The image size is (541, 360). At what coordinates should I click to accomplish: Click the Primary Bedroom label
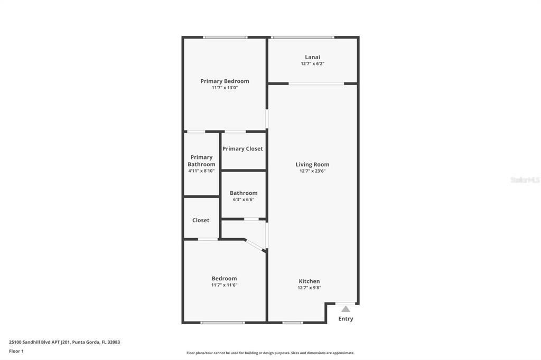coord(225,81)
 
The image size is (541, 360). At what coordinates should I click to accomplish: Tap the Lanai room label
coord(312,57)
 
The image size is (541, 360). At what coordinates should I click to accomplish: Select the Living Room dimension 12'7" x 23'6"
coord(312,171)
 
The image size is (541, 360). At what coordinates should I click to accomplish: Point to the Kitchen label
coord(309,281)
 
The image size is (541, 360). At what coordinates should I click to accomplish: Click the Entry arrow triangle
coord(346,309)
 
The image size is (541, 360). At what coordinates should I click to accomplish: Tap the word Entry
coord(346,319)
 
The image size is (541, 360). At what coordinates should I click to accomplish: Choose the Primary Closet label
coord(242,149)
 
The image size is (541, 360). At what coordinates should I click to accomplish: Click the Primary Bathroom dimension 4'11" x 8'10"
coord(201,171)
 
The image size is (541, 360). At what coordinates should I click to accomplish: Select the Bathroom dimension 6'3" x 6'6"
coord(244,200)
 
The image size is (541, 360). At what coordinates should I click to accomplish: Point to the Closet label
coord(201,220)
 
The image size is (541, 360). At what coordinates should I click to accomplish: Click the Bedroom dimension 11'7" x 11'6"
coord(224,285)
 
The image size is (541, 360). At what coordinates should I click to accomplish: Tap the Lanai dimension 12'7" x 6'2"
coord(312,64)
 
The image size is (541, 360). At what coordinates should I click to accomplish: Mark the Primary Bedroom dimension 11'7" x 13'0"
coord(225,88)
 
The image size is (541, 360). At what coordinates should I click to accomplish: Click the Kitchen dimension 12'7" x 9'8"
coord(309,288)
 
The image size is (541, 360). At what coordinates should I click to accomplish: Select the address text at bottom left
coord(64,342)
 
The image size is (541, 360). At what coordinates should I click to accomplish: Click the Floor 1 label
coord(16,351)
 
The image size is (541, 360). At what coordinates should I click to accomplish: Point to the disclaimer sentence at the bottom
coord(270,353)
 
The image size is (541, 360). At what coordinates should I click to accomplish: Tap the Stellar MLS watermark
coord(525,180)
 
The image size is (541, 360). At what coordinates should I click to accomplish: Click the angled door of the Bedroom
coord(255,245)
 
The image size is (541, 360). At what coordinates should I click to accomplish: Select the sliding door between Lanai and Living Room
coord(316,83)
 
